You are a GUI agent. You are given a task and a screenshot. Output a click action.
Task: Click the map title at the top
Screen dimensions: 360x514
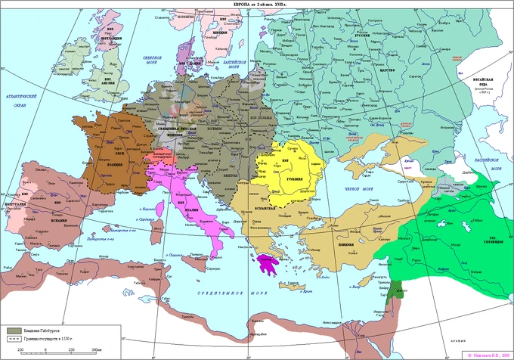(257, 5)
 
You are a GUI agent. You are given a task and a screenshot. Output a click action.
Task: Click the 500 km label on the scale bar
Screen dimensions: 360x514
(95, 349)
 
